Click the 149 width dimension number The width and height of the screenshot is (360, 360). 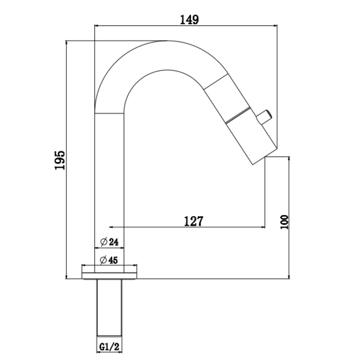190,20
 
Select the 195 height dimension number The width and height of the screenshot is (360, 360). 60,160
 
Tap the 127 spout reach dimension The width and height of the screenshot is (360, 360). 194,221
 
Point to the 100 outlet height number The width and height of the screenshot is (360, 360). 284,222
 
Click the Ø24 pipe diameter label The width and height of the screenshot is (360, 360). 110,242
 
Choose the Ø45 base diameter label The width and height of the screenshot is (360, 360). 109,260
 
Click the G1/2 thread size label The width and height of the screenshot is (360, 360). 109,347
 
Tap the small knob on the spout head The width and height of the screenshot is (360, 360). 264,117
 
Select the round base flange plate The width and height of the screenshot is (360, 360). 109,276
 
